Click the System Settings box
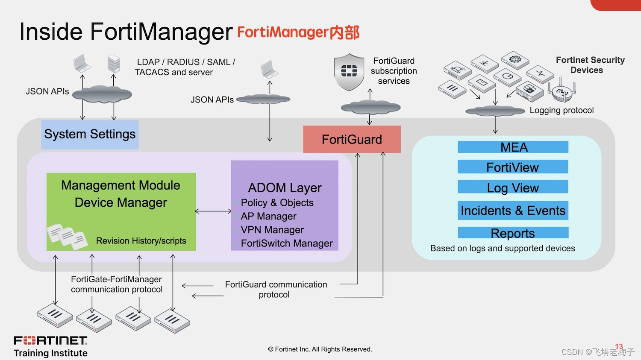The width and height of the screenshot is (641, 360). click(90, 135)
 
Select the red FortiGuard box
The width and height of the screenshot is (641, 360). click(352, 139)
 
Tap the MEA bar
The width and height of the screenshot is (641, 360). click(513, 147)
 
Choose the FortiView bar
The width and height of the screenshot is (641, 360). click(513, 167)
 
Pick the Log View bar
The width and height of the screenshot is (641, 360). click(513, 187)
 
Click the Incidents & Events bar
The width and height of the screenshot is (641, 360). click(513, 211)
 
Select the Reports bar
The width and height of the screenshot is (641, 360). click(513, 233)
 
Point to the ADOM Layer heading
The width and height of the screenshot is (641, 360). click(285, 188)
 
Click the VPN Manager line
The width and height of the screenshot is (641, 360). click(272, 230)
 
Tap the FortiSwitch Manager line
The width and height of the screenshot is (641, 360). click(286, 243)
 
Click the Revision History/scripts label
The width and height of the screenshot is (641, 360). click(141, 241)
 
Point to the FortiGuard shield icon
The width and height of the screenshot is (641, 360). click(349, 72)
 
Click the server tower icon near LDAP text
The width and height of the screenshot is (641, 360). click(114, 64)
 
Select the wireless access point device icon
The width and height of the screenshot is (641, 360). click(562, 91)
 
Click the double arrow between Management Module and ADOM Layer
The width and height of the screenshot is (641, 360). click(213, 211)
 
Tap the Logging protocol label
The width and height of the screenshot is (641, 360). click(562, 110)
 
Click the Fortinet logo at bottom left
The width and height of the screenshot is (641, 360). click(50, 340)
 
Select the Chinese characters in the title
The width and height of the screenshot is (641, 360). click(344, 32)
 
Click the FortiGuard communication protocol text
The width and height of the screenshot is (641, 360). click(276, 290)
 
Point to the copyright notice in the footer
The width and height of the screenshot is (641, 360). click(320, 349)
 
